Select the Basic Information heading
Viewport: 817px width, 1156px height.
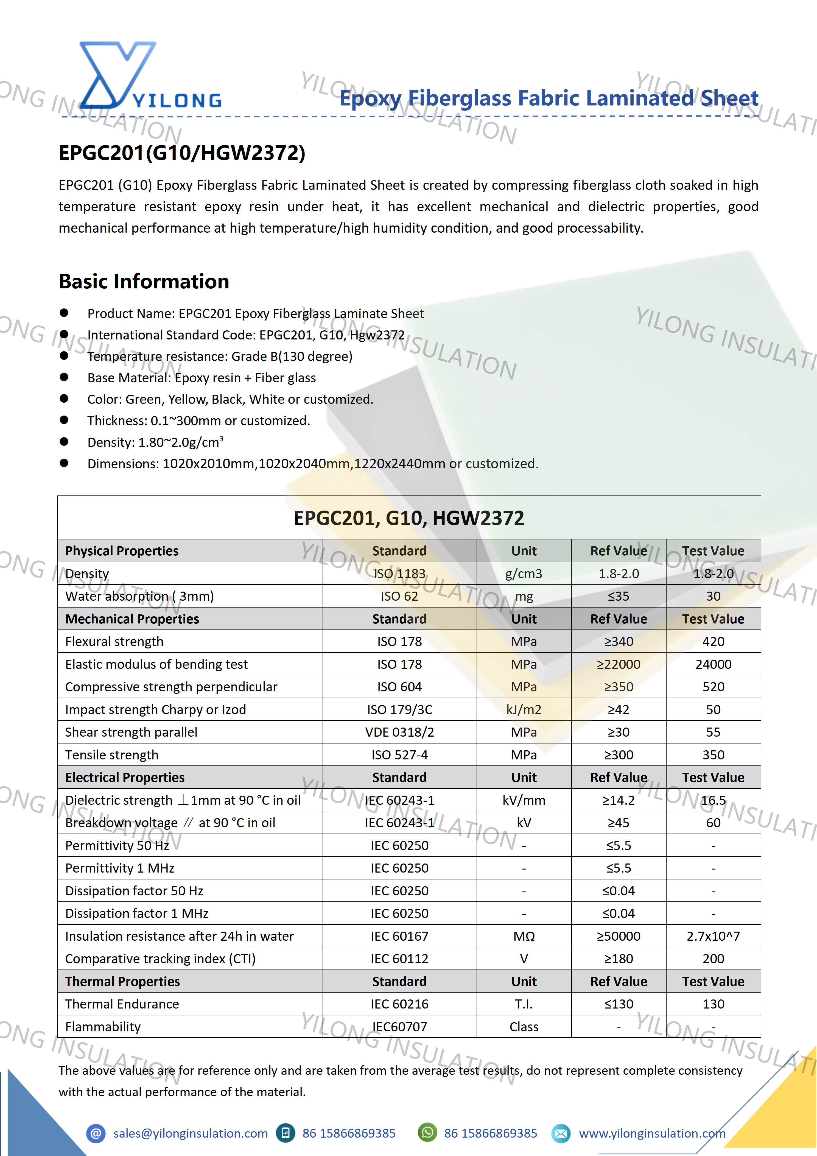pyautogui.click(x=144, y=282)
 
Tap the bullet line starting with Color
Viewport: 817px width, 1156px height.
pyautogui.click(x=230, y=399)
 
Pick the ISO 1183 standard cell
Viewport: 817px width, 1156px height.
pyautogui.click(x=399, y=573)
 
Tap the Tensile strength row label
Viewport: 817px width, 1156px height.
pyautogui.click(x=112, y=755)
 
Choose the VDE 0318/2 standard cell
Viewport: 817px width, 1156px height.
pyautogui.click(x=399, y=732)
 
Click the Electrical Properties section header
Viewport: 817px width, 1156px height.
pyautogui.click(x=125, y=777)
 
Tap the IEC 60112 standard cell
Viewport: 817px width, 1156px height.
pyautogui.click(x=399, y=959)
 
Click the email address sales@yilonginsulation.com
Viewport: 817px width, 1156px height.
pyautogui.click(x=190, y=1133)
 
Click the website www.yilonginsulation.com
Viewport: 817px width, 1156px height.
pyautogui.click(x=652, y=1133)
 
